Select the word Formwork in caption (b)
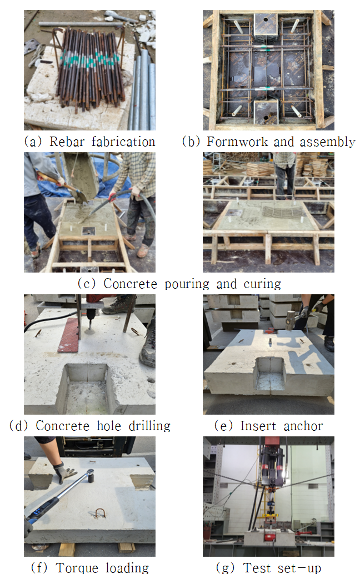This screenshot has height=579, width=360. pyautogui.click(x=237, y=142)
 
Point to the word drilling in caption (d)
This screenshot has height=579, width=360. pyautogui.click(x=149, y=426)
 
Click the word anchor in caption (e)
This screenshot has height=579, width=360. pyautogui.click(x=303, y=426)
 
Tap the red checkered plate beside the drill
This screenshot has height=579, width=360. pyautogui.click(x=69, y=335)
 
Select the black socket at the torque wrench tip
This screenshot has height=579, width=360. pyautogui.click(x=90, y=476)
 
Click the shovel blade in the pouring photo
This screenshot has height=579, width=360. pyautogui.click(x=80, y=195)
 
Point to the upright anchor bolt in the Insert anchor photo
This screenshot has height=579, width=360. pyautogui.click(x=271, y=343)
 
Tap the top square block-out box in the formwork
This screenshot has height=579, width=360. pyautogui.click(x=266, y=25)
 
